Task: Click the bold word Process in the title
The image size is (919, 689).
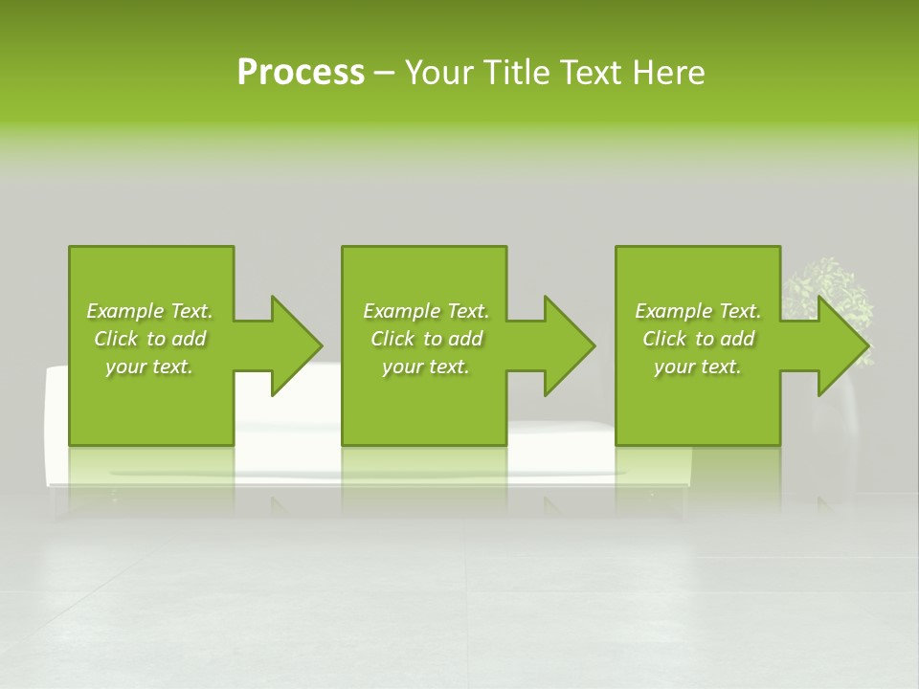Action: [x=301, y=73]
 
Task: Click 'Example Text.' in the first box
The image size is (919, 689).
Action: [x=149, y=311]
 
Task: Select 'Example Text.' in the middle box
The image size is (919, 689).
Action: [x=426, y=311]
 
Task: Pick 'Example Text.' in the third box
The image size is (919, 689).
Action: [x=698, y=311]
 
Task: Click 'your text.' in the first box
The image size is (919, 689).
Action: [x=149, y=367]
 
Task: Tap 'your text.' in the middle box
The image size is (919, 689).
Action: [x=426, y=367]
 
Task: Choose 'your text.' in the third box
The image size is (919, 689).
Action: [x=698, y=367]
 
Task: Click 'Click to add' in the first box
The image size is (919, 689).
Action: [x=149, y=339]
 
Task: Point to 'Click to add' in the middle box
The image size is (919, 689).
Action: [x=426, y=339]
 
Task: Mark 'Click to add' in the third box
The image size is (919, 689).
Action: [x=698, y=339]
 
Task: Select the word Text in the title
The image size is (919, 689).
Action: [x=589, y=73]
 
